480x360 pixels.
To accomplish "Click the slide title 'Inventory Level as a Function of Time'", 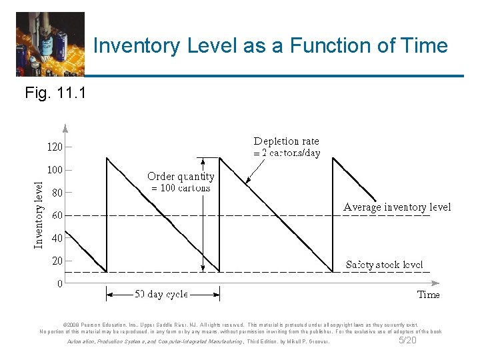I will [x=270, y=46].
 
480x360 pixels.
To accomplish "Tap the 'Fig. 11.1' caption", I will [x=55, y=93].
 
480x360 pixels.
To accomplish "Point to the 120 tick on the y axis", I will [x=54, y=147].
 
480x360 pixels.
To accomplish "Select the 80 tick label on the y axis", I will [x=57, y=193].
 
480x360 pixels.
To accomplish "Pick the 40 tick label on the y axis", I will [x=57, y=238].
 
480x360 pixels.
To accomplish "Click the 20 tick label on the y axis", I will [x=57, y=261].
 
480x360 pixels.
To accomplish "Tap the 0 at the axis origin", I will [x=59, y=283].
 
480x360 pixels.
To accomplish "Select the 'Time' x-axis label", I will [x=428, y=294].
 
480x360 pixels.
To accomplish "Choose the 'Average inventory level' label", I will [x=397, y=207].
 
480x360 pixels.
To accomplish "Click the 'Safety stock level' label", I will [x=384, y=265].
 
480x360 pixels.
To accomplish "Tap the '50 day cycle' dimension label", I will [x=161, y=294].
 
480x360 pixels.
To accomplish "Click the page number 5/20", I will [x=407, y=341].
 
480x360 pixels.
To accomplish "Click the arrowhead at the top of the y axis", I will [x=65, y=128].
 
